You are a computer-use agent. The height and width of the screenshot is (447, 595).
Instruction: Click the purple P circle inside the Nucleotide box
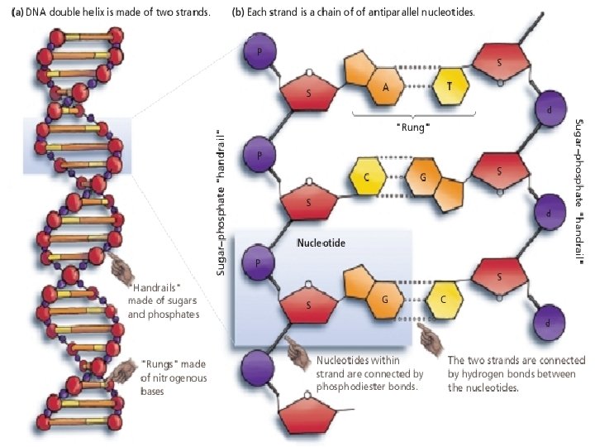coord(258,262)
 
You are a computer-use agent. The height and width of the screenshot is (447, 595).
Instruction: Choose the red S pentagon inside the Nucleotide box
coord(307,305)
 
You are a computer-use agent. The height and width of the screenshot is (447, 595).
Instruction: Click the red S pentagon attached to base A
coord(307,92)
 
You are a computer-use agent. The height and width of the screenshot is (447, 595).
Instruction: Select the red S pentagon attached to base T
coord(499,62)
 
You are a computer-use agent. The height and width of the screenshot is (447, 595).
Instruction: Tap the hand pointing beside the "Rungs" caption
coord(126,370)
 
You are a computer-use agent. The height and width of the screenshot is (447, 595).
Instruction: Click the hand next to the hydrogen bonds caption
coord(428,334)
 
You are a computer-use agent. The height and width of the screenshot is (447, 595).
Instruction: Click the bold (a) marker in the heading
coord(15,12)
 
